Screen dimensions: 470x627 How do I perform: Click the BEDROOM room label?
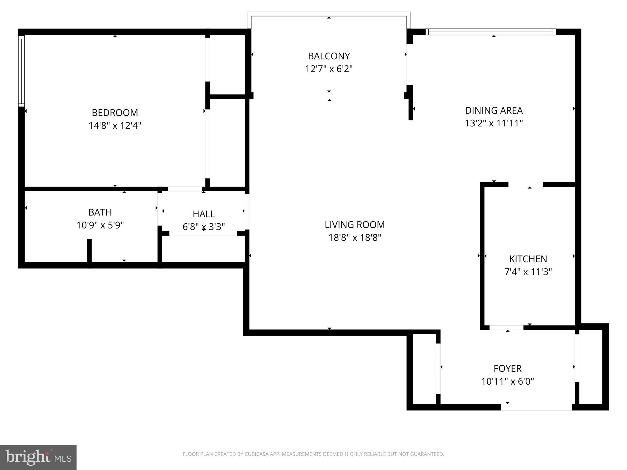pyautogui.click(x=115, y=113)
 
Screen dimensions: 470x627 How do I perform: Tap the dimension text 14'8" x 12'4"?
pyautogui.click(x=115, y=125)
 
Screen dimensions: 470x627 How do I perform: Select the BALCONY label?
pyautogui.click(x=329, y=56)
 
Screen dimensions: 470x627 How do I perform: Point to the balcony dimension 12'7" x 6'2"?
pyautogui.click(x=329, y=69)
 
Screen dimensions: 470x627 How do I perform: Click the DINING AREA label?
pyautogui.click(x=494, y=110)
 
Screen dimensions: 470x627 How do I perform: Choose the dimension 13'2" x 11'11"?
pyautogui.click(x=494, y=123)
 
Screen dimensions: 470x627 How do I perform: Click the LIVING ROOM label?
pyautogui.click(x=355, y=225)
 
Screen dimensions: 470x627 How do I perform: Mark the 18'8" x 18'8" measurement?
pyautogui.click(x=355, y=237)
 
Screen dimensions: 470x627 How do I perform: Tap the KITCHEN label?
pyautogui.click(x=528, y=259)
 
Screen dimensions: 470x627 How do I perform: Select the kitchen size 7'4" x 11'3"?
pyautogui.click(x=528, y=272)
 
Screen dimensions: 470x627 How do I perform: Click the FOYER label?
pyautogui.click(x=507, y=368)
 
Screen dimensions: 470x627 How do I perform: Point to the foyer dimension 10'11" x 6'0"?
pyautogui.click(x=507, y=381)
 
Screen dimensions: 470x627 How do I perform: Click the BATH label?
pyautogui.click(x=100, y=212)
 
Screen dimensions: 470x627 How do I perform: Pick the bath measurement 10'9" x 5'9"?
pyautogui.click(x=100, y=225)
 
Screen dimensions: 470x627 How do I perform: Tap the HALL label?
pyautogui.click(x=204, y=214)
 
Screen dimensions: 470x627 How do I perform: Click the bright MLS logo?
pyautogui.click(x=38, y=457)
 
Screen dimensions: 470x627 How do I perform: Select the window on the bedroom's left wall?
pyautogui.click(x=21, y=71)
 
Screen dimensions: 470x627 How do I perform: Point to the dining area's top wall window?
pyautogui.click(x=490, y=32)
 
